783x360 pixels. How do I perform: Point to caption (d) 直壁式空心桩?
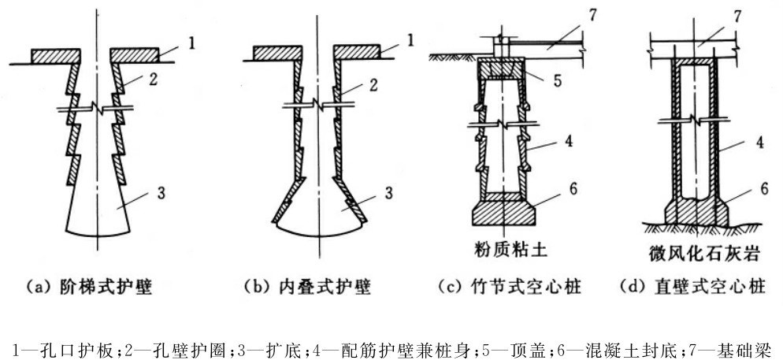[x=692, y=288]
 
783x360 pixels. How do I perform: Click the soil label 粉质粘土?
[x=509, y=251]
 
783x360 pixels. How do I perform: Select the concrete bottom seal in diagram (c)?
[x=503, y=212]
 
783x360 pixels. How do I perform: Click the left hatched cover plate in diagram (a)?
[x=56, y=55]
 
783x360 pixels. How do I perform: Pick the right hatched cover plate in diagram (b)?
[x=357, y=53]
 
